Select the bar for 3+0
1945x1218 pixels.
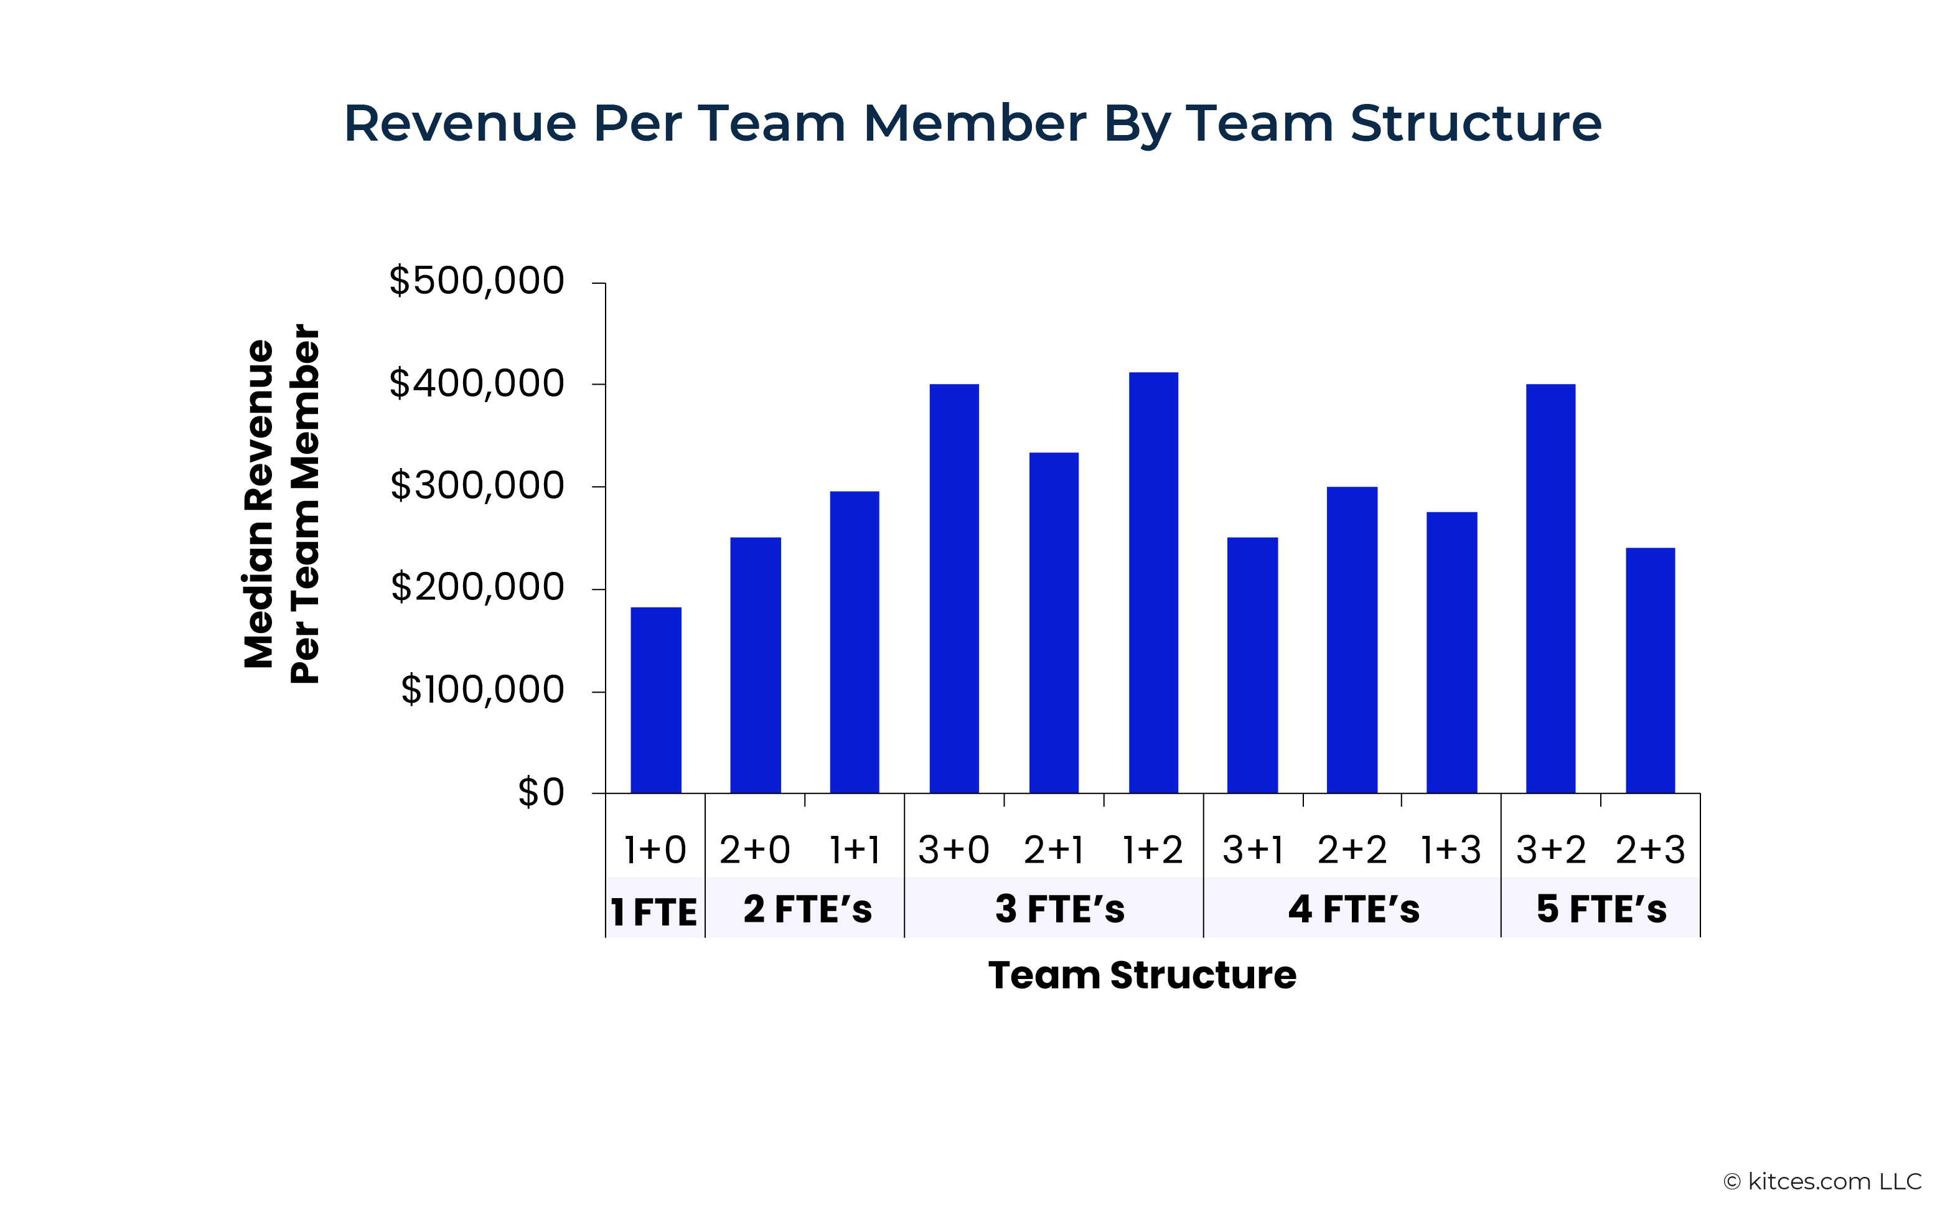954,588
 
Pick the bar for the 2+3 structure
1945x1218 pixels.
1649,670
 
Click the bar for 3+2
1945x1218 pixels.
1550,588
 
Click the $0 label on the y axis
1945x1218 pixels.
540,793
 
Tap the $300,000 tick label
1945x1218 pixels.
477,485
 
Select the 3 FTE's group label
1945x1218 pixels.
1060,909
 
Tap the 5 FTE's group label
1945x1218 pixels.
1601,909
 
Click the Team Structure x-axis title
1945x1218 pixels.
1142,975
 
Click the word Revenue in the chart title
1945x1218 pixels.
460,123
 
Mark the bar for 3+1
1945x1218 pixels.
1252,665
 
